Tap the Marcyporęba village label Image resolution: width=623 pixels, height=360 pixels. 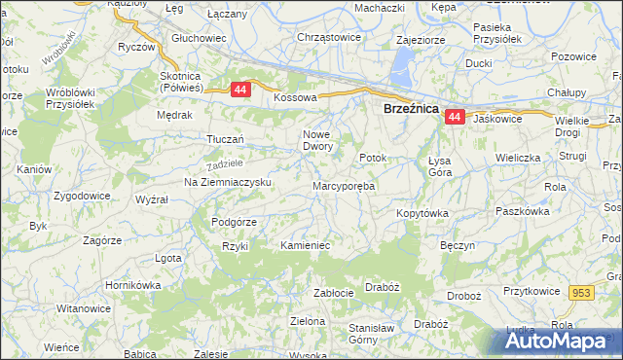(x=344, y=185)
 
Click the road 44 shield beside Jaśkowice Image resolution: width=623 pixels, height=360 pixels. (x=454, y=117)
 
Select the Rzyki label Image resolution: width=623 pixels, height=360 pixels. (x=236, y=246)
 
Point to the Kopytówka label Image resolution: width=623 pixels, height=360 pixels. (x=421, y=212)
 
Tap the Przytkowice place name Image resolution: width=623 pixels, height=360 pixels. (x=534, y=291)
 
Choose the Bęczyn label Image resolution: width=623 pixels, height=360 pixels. (x=457, y=246)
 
